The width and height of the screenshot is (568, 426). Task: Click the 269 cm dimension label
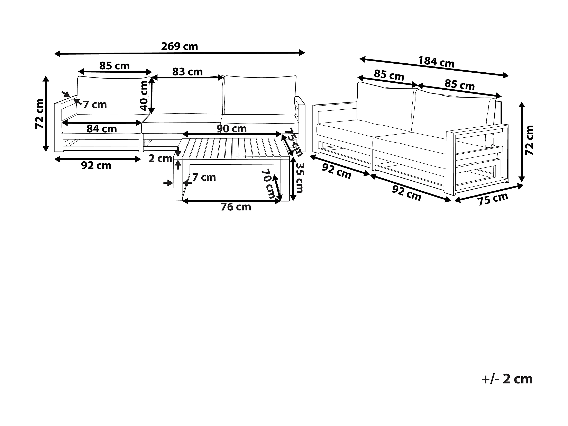coord(180,46)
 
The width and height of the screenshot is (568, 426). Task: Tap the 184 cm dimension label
coord(436,62)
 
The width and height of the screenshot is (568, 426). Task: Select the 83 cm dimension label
coord(187,72)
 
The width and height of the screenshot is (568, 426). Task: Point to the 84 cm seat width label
coord(102,129)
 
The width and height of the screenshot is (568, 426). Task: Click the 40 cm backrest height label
coord(144,96)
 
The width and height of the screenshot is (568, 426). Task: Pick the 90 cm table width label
coord(232,129)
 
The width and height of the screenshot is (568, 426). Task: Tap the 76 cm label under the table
coord(236,207)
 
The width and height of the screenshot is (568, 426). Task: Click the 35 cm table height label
coord(299,178)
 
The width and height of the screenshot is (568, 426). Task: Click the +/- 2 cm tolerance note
coord(507,379)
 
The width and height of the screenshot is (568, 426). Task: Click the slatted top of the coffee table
coord(231,148)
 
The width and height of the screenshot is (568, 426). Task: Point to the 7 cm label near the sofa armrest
coord(95,105)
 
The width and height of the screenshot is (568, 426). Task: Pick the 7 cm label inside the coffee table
coord(204,178)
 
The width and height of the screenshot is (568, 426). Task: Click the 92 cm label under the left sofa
coord(96,166)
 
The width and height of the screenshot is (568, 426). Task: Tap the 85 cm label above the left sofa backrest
coord(114,66)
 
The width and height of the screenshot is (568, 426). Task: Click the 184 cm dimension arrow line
coord(434,67)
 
